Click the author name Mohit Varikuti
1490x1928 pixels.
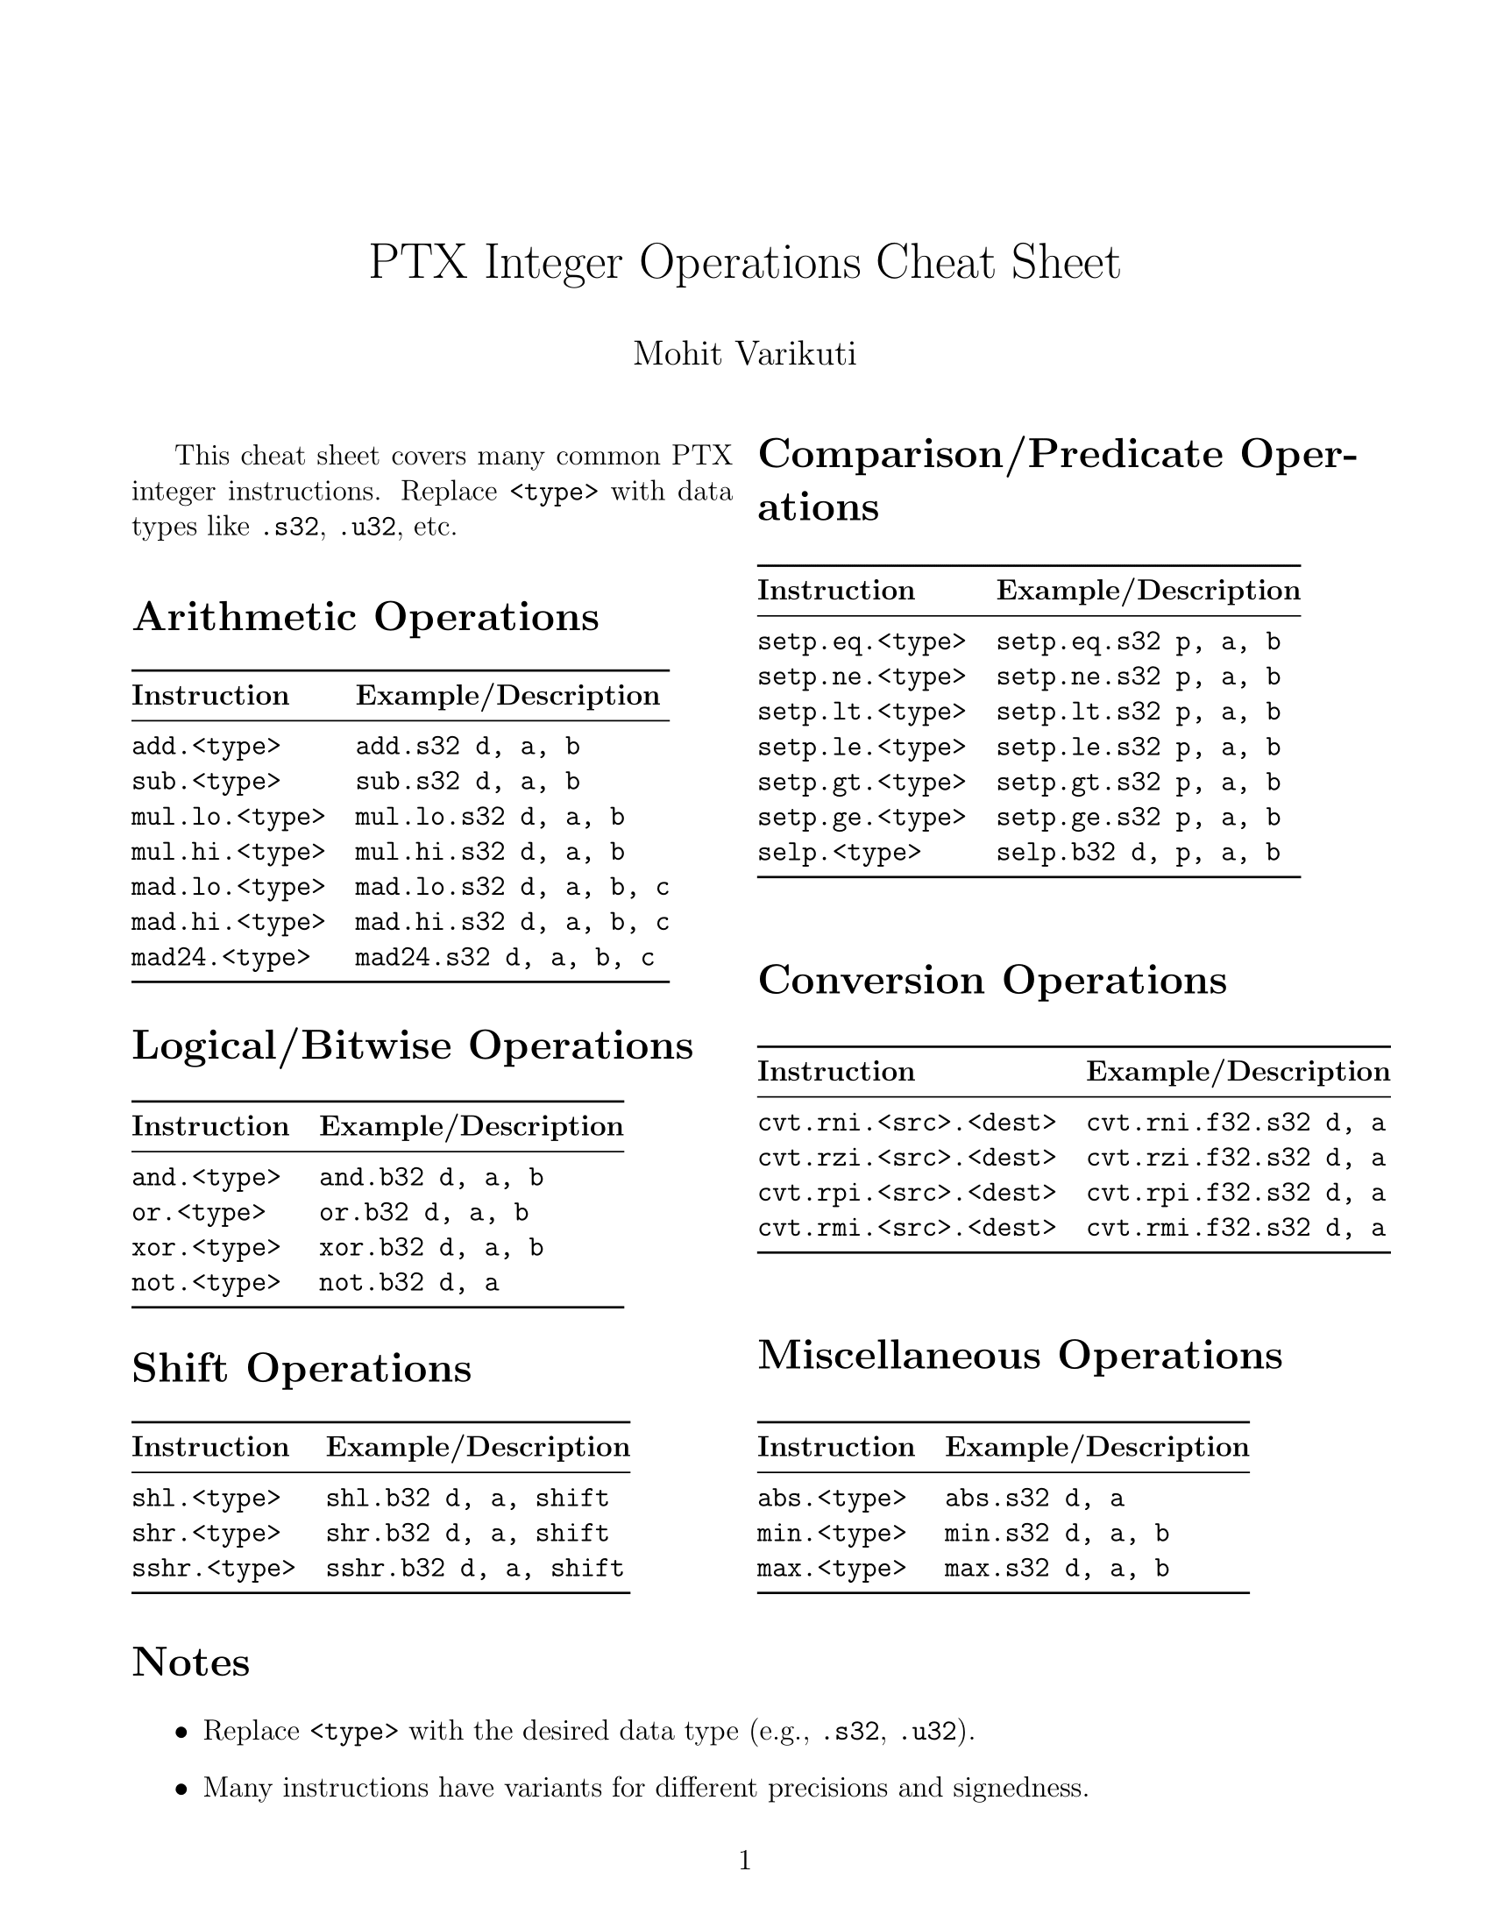coord(744,354)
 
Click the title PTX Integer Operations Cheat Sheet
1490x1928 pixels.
coord(744,263)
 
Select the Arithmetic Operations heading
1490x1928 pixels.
coord(365,616)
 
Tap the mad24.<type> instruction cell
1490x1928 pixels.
coord(221,958)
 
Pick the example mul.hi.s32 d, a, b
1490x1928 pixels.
coord(490,852)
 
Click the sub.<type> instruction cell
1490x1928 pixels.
coord(206,782)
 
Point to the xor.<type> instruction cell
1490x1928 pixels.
coord(206,1247)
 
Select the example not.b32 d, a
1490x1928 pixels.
coord(408,1283)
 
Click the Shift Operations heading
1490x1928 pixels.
coord(301,1368)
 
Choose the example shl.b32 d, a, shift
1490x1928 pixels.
coord(467,1498)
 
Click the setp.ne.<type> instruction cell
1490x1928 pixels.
coord(862,677)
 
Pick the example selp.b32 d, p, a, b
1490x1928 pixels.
coord(1138,853)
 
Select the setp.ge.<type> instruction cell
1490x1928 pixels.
coord(862,818)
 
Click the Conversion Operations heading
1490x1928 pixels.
coord(992,980)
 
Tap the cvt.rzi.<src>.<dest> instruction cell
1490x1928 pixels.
coord(906,1158)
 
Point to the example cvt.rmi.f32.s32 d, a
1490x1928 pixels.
coord(1236,1228)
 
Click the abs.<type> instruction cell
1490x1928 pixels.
coord(832,1498)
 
